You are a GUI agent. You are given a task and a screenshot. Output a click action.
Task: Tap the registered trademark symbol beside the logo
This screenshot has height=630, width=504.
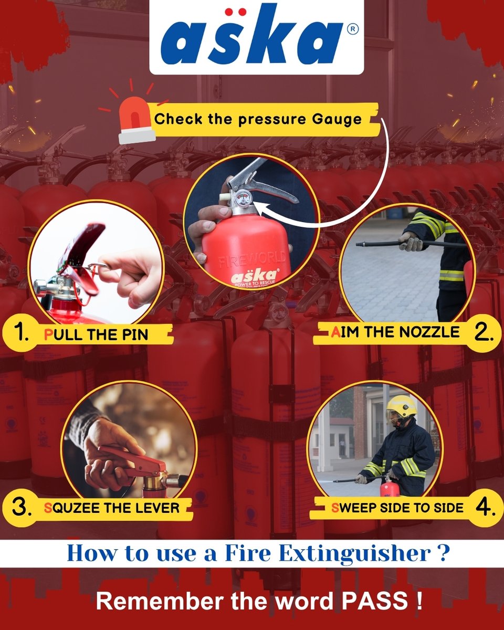coord(353,30)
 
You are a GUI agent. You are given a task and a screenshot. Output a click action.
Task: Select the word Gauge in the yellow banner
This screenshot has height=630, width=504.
coord(339,119)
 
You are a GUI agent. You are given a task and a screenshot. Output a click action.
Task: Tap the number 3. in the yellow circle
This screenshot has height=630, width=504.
coord(19,507)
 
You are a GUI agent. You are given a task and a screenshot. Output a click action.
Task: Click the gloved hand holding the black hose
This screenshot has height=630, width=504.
coord(410,243)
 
